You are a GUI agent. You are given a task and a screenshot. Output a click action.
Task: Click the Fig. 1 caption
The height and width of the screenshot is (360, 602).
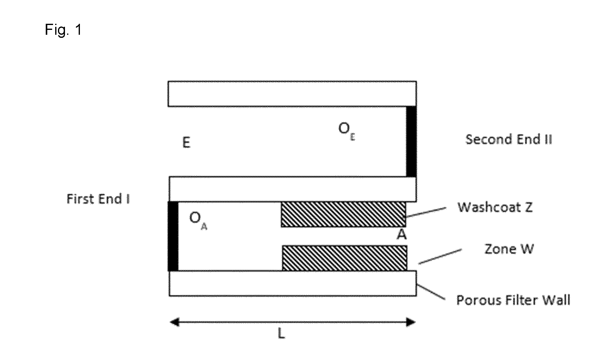(63, 30)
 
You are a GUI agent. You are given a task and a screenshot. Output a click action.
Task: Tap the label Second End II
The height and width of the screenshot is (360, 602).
(509, 139)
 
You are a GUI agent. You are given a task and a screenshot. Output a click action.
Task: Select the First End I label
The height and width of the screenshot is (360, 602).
(98, 199)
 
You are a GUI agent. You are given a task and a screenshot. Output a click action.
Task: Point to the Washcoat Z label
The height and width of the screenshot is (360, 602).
(495, 207)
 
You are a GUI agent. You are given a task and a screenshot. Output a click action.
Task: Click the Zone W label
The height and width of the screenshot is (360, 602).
(509, 249)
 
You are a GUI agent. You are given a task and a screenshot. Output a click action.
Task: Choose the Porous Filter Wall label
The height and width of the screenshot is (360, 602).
(513, 300)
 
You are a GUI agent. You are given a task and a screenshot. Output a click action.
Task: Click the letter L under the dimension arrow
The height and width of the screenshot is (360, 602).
(281, 334)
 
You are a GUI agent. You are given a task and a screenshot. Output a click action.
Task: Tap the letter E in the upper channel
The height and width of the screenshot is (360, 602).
(186, 143)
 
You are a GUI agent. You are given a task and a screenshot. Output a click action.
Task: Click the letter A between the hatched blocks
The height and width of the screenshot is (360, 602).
(402, 235)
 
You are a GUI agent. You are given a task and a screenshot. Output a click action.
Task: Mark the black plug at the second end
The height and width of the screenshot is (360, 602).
(411, 141)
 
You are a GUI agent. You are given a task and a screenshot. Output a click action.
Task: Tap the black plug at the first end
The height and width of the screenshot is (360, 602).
(173, 236)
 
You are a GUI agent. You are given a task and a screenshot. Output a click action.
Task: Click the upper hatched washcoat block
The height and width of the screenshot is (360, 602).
(343, 214)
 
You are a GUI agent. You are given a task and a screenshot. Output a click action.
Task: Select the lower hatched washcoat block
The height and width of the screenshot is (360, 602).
(345, 258)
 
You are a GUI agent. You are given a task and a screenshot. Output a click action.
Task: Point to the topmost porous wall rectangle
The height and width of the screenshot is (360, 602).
(292, 94)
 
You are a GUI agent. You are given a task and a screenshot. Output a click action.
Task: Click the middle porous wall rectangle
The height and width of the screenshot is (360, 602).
(293, 189)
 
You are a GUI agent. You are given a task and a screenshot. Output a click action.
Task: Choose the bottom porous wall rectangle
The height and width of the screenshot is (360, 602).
(293, 283)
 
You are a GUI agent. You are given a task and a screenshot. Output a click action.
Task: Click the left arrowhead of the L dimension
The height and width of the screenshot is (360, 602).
(174, 322)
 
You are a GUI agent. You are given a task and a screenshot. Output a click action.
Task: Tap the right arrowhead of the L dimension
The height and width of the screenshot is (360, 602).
(411, 322)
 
